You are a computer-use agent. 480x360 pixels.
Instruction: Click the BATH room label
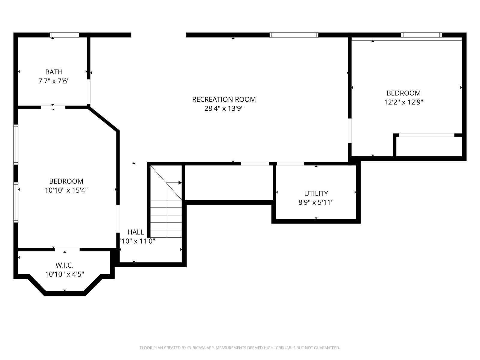[54, 72]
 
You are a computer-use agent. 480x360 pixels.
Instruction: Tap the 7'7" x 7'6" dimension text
[54, 81]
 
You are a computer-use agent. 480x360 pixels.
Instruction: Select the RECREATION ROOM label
[224, 99]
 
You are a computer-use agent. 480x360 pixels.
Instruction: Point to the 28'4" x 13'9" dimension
[224, 108]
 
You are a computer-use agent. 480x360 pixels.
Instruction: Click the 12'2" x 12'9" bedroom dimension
[404, 102]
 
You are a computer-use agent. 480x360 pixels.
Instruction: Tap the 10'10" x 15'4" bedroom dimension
[66, 190]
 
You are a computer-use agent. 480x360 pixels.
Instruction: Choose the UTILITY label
[316, 193]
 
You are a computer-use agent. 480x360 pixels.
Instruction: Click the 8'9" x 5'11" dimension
[316, 202]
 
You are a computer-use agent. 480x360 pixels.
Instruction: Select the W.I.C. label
[64, 265]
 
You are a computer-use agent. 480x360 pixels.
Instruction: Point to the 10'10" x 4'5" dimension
[64, 274]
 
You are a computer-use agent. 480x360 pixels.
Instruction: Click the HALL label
[136, 232]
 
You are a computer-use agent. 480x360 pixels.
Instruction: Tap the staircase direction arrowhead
[180, 183]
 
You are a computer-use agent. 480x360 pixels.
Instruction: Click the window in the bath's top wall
[64, 35]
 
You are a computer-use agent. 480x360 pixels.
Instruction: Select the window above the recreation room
[294, 35]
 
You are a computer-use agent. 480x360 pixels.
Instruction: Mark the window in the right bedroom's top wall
[421, 35]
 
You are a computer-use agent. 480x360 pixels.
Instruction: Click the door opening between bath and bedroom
[53, 107]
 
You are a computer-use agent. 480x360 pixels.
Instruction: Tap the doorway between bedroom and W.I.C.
[67, 250]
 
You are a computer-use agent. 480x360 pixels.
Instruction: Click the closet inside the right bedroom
[429, 146]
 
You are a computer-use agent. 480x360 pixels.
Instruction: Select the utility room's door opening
[290, 164]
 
